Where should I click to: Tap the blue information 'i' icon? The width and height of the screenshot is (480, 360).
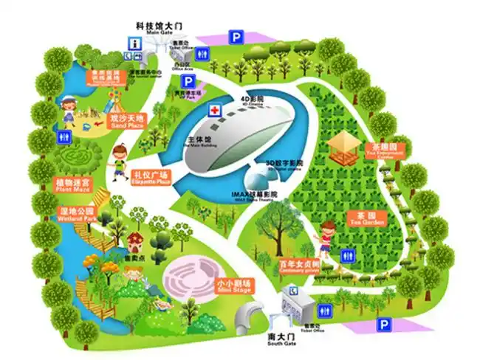135,44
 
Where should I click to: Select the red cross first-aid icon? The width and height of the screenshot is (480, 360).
215,111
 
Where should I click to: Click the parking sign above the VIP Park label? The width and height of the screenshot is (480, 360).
188,82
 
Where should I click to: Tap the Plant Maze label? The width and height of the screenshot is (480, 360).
72,184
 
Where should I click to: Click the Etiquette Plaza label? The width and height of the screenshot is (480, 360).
151,178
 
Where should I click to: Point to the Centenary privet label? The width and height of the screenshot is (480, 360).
299,267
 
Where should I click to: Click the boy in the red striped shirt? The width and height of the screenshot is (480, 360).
324,237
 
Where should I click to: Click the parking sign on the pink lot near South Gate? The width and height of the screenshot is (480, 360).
384,325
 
